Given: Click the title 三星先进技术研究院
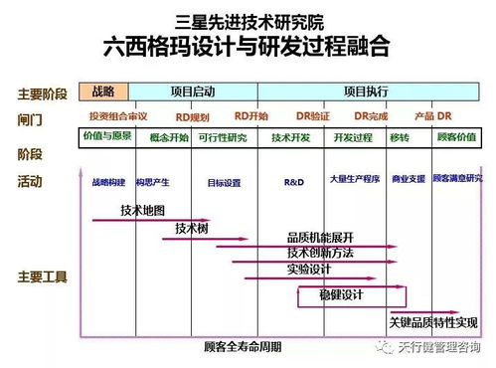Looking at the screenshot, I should [248, 21].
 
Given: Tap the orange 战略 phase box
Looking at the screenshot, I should [103, 91].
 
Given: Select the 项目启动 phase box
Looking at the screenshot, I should [192, 91].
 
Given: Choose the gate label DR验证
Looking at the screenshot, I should [312, 116].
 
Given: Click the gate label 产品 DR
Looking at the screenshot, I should [432, 116].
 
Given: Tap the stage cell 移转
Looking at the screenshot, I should [400, 137].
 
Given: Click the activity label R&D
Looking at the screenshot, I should [294, 182].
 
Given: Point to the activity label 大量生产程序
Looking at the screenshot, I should [354, 181].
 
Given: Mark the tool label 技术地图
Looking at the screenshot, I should [142, 210].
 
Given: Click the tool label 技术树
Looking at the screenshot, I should [191, 228].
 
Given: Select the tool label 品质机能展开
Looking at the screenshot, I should [320, 237].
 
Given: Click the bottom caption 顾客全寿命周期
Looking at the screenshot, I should [242, 347].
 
